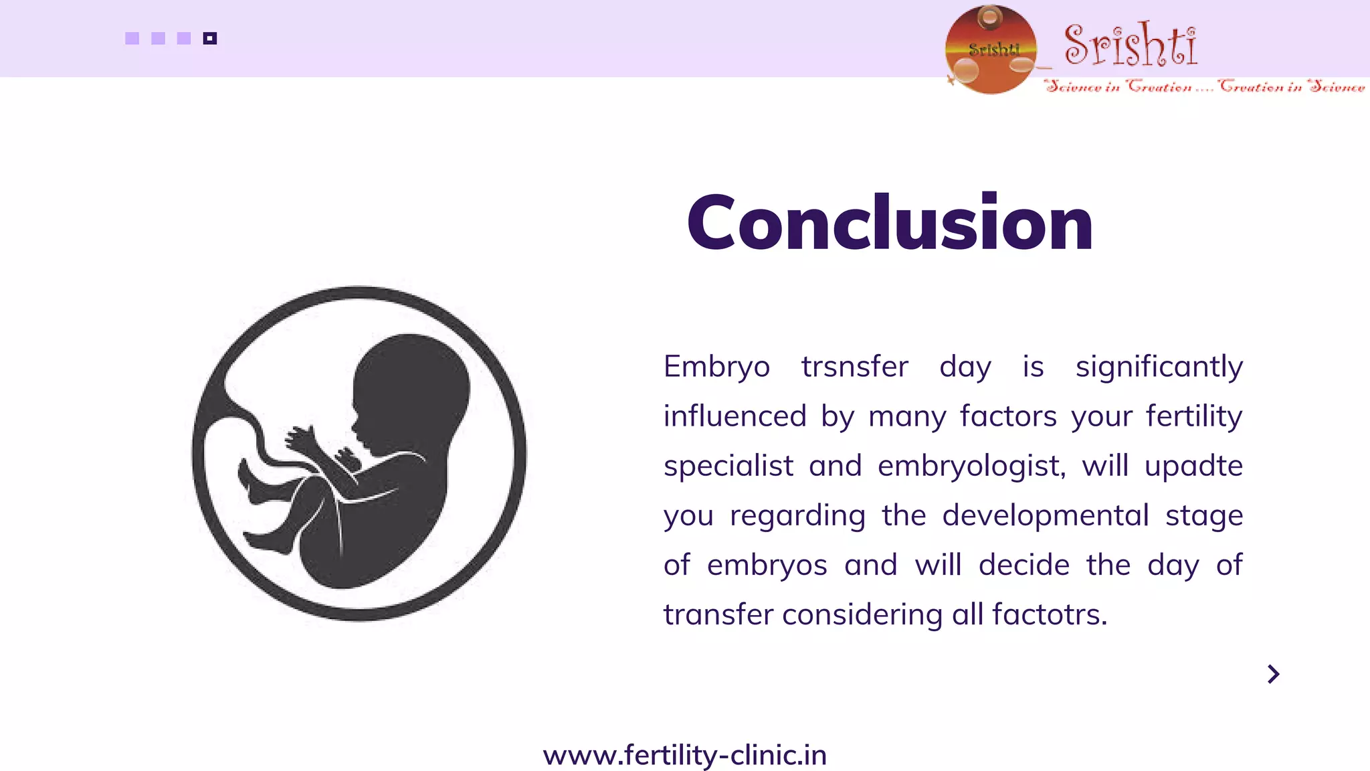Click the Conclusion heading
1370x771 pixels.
pyautogui.click(x=890, y=223)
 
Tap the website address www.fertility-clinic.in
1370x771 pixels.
pyautogui.click(x=684, y=756)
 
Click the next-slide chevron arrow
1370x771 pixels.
pyautogui.click(x=1273, y=674)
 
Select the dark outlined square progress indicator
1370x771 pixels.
pyautogui.click(x=210, y=38)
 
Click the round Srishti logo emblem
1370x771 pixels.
pyautogui.click(x=991, y=50)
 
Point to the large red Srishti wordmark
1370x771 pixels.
pyautogui.click(x=1131, y=46)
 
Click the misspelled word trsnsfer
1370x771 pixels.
pyautogui.click(x=854, y=367)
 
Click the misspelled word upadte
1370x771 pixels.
pyautogui.click(x=1193, y=466)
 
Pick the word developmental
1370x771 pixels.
pyautogui.click(x=1046, y=516)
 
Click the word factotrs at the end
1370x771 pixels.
pyautogui.click(x=1049, y=614)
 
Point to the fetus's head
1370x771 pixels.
pyautogui.click(x=411, y=388)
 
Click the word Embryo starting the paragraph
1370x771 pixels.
pyautogui.click(x=716, y=367)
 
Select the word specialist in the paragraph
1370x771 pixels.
pyautogui.click(x=728, y=466)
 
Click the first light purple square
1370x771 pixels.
pyautogui.click(x=132, y=38)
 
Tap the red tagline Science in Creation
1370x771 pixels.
pyautogui.click(x=1118, y=86)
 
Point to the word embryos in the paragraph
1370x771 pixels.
pyautogui.click(x=767, y=566)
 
